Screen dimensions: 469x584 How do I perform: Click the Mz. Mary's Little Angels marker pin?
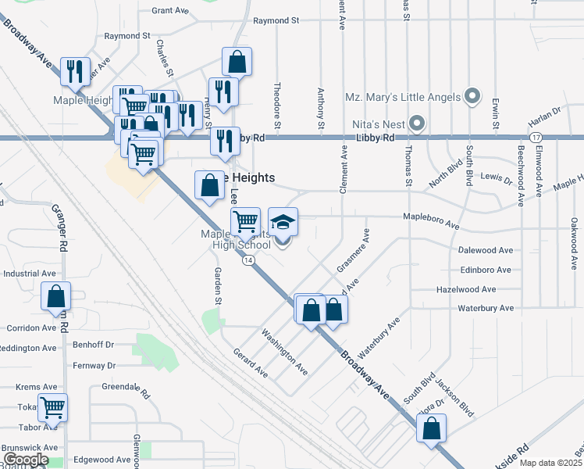coord(472,98)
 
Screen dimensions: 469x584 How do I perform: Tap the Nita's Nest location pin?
coord(417,124)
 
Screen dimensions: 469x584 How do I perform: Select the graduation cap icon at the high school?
coord(283,221)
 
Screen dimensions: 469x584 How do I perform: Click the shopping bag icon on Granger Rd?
coord(56,296)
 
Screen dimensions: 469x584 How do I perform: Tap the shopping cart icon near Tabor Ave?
coord(52,406)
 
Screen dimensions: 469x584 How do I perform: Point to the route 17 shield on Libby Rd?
coord(536,138)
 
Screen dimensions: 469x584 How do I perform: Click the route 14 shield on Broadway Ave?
coord(247,260)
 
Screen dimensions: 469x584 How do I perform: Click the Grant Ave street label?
coord(171,11)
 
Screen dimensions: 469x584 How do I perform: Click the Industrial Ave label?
coord(30,274)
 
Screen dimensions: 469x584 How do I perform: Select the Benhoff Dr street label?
coord(94,344)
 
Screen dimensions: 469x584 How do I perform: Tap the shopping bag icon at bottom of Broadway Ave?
coord(431,429)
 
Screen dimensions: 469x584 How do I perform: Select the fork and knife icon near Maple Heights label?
coord(76,72)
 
